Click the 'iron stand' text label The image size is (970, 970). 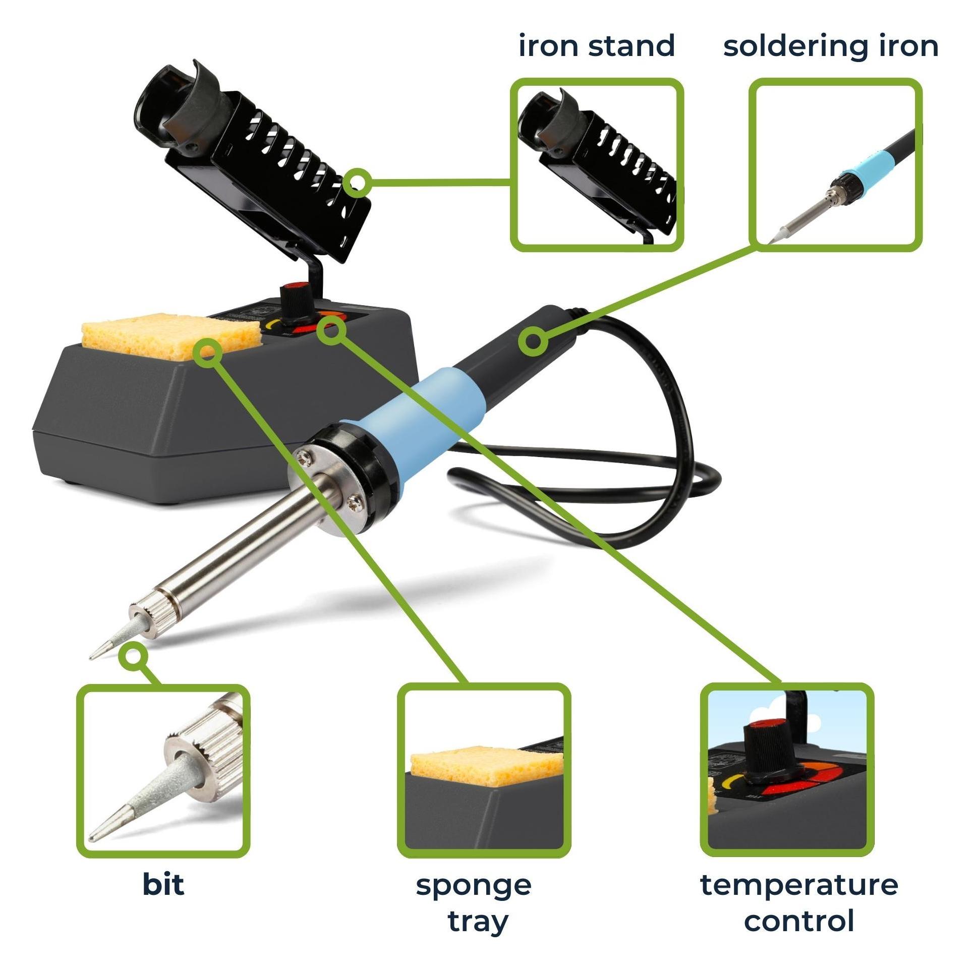[597, 46]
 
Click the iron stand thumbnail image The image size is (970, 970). [596, 164]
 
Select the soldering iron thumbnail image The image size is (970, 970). [836, 164]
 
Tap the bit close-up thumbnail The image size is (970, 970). [163, 771]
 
